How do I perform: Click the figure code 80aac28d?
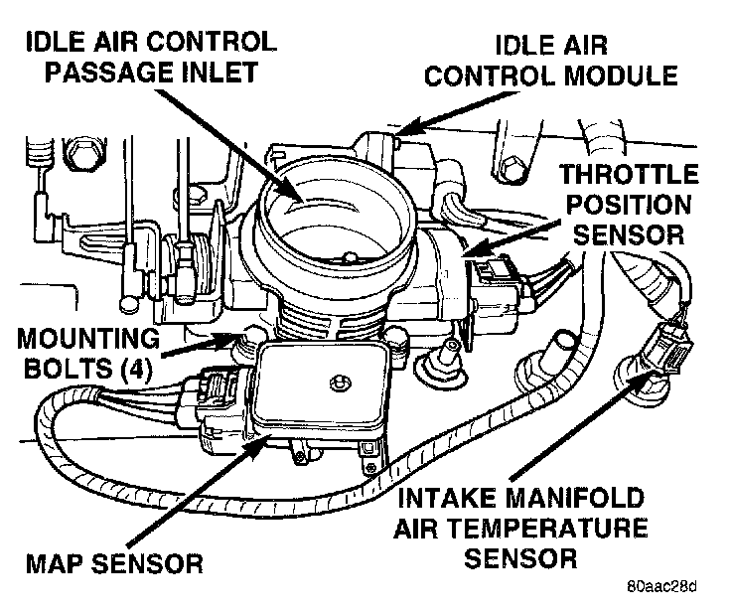pos(661,584)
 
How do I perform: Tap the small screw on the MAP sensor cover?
pos(339,381)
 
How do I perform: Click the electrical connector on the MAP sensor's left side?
pos(216,401)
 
